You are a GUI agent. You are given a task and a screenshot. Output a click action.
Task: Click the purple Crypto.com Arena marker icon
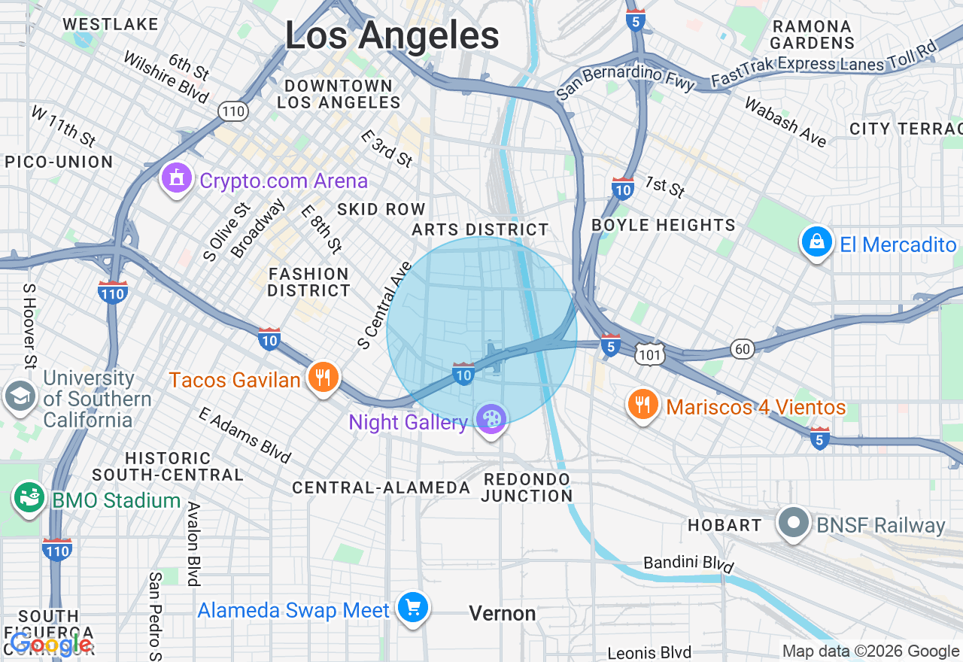(x=177, y=179)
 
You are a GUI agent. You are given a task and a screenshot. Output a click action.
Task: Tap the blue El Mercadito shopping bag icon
(x=816, y=242)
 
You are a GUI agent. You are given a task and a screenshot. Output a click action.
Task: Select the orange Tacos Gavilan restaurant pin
(x=324, y=378)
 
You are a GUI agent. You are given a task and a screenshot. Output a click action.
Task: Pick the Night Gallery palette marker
(x=491, y=420)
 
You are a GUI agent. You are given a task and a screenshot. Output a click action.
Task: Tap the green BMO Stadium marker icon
(x=29, y=498)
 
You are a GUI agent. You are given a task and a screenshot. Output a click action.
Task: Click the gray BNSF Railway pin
(x=793, y=524)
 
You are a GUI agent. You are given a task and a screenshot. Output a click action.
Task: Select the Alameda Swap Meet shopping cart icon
(x=412, y=608)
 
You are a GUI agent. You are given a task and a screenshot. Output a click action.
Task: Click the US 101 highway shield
(x=649, y=354)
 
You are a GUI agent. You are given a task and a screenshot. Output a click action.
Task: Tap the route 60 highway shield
(x=742, y=348)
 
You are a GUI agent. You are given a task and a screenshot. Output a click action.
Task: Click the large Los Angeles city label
(x=392, y=35)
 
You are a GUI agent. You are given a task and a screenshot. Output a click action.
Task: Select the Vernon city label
(x=503, y=614)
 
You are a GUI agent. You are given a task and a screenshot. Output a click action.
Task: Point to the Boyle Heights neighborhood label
(x=664, y=225)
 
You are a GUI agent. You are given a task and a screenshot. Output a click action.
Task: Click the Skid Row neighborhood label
(x=381, y=209)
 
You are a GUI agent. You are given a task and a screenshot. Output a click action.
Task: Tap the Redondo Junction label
(x=527, y=487)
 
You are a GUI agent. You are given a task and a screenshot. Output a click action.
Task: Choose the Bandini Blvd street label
(x=688, y=563)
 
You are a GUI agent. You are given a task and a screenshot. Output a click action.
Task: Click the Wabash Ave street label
(x=785, y=121)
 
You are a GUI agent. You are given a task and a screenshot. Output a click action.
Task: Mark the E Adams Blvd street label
(x=245, y=435)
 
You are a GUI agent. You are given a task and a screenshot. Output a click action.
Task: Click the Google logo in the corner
(x=51, y=643)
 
